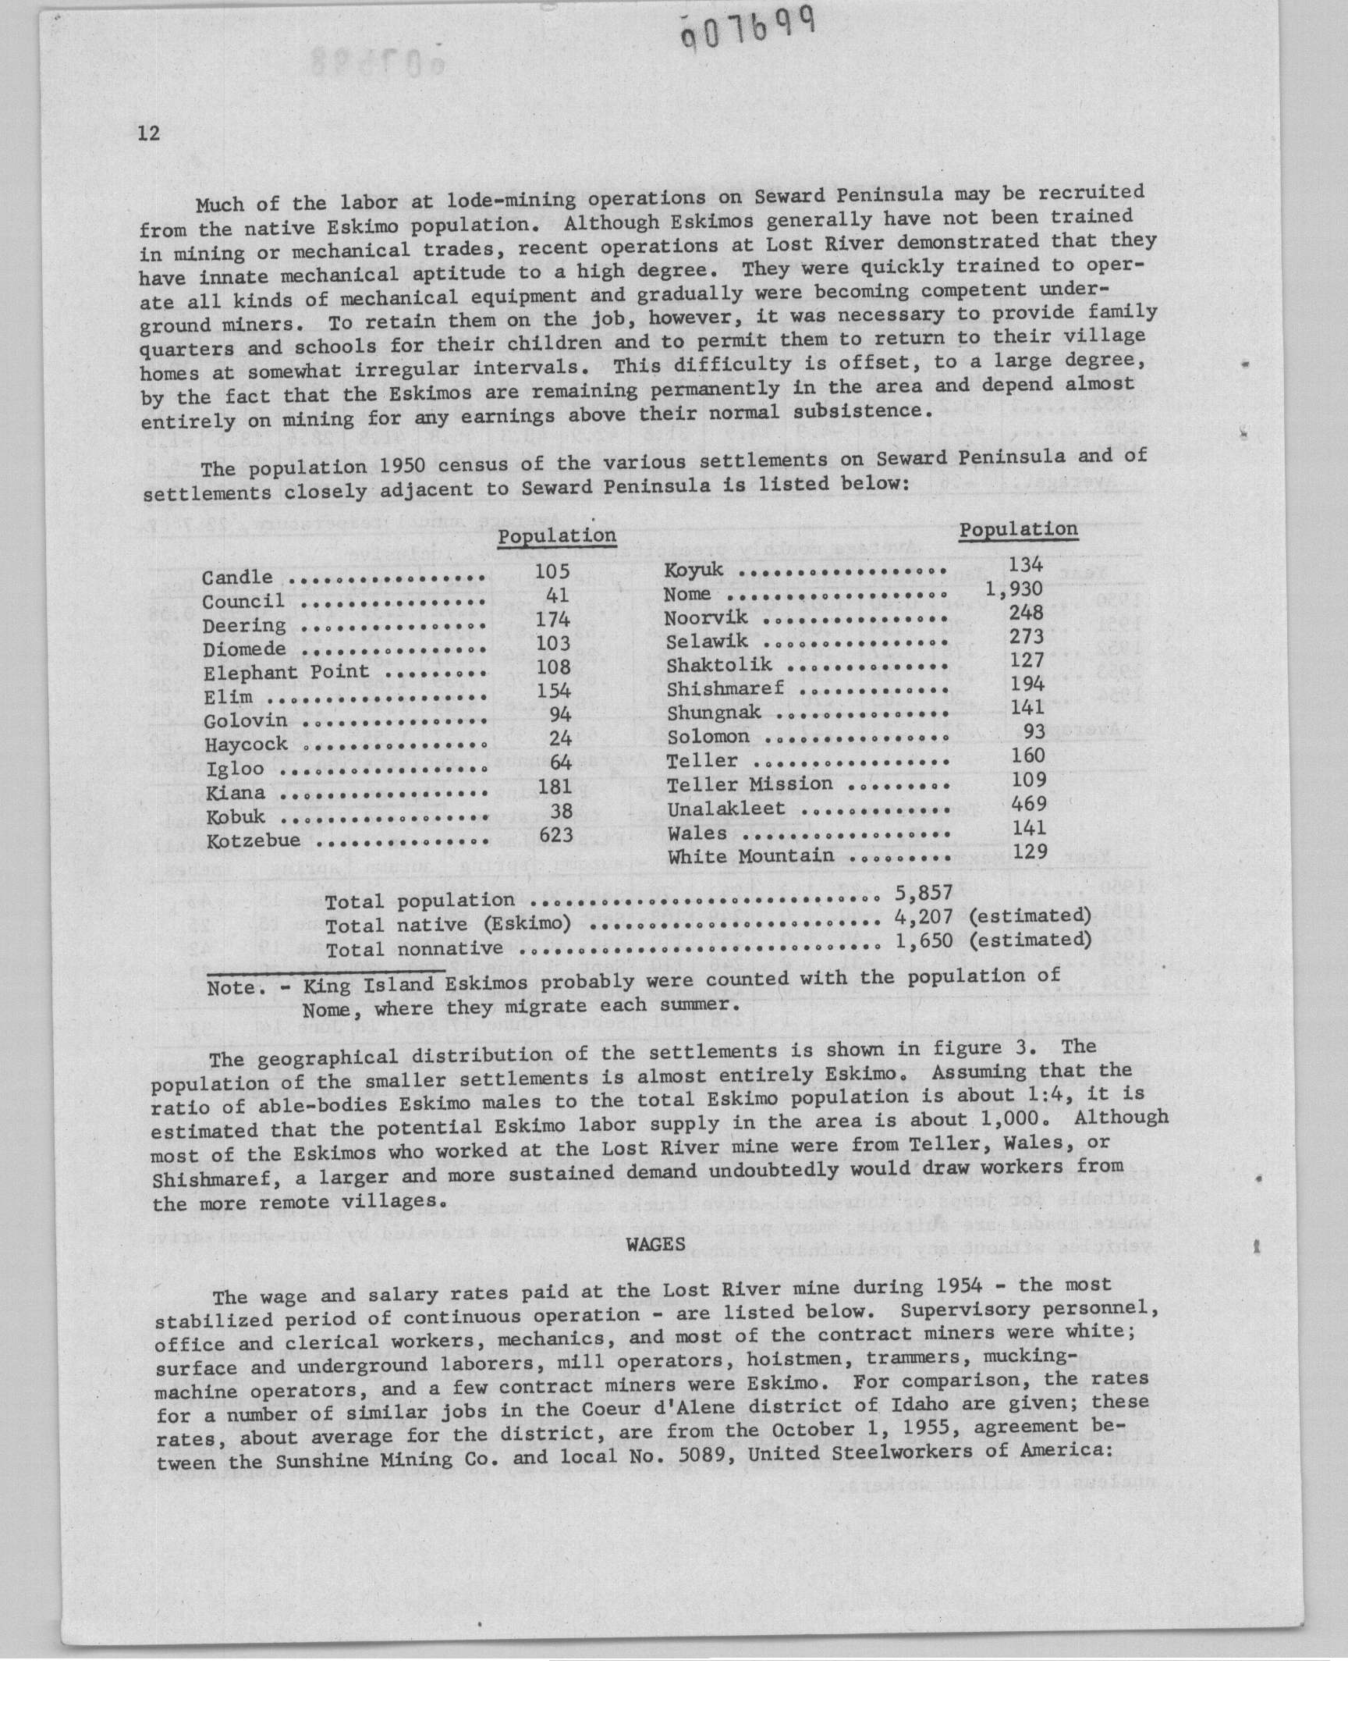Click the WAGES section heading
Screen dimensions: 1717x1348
[x=655, y=1245]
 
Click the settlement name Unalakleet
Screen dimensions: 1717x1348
[x=726, y=809]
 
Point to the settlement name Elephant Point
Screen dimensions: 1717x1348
[x=286, y=673]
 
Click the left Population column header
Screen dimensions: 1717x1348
[x=556, y=536]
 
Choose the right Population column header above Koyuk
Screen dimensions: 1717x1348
[x=1018, y=529]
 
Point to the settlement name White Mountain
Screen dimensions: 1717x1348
[x=750, y=856]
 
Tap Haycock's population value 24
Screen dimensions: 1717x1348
[x=559, y=739]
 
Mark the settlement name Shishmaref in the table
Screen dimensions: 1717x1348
[x=725, y=688]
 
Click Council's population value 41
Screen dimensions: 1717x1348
[x=558, y=596]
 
